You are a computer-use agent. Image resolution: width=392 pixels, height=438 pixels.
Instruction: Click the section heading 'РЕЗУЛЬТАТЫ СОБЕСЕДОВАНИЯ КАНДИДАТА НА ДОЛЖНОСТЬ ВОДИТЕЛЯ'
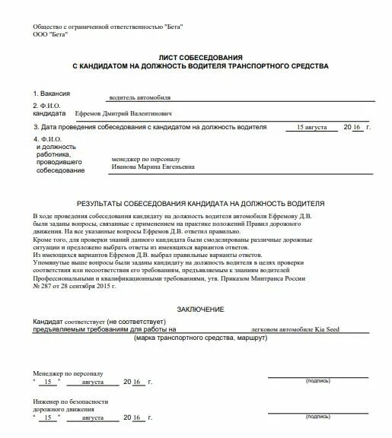[x=201, y=204]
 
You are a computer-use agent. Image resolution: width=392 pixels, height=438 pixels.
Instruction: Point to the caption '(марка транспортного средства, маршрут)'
[x=200, y=338]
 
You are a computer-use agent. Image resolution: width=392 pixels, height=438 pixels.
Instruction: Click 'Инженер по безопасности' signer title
[x=70, y=401]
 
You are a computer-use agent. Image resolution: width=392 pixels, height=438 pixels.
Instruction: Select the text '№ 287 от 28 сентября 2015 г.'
[x=74, y=287]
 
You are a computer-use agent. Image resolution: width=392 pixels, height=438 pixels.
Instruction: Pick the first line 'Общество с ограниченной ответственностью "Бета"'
[x=108, y=27]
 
